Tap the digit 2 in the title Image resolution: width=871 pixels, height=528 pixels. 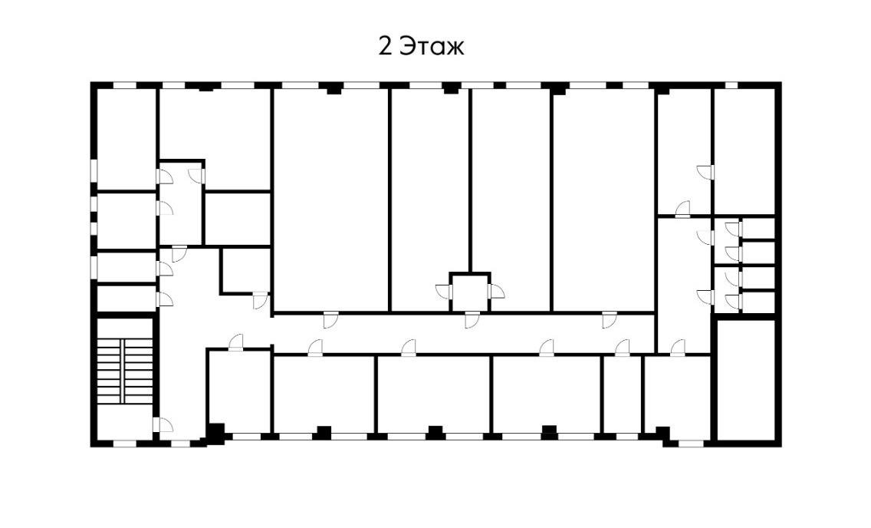386,47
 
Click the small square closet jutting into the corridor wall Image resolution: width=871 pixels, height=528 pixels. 469,292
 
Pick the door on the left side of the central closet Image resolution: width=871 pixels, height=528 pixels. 444,292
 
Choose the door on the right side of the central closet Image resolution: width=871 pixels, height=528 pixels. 496,292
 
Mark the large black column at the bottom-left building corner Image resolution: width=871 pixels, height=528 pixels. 215,434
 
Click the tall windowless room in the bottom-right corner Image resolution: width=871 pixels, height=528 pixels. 745,380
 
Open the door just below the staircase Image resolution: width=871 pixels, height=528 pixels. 162,424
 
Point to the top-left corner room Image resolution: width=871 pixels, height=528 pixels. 126,138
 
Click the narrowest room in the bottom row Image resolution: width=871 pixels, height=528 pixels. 621,394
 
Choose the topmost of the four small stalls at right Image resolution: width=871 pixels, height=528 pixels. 758,228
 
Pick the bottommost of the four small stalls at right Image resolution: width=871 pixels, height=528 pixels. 758,302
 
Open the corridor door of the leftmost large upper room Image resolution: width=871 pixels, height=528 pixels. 330,319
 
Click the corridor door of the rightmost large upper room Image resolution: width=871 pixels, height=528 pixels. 609,319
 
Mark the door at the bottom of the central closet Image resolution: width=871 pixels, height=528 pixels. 471,319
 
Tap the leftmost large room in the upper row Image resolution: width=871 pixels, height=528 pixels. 330,200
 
